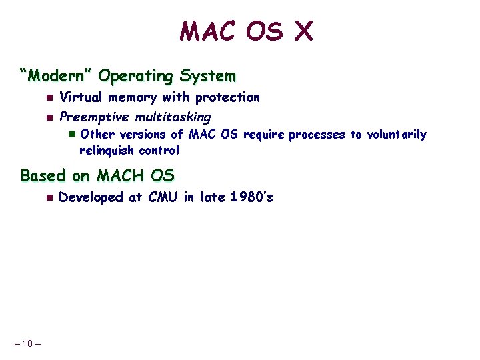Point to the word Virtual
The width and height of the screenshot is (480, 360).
82,97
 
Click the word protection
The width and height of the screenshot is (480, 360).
227,97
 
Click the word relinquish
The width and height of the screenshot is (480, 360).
107,150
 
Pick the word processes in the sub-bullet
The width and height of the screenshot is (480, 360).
317,135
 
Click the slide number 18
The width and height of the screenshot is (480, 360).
27,343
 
